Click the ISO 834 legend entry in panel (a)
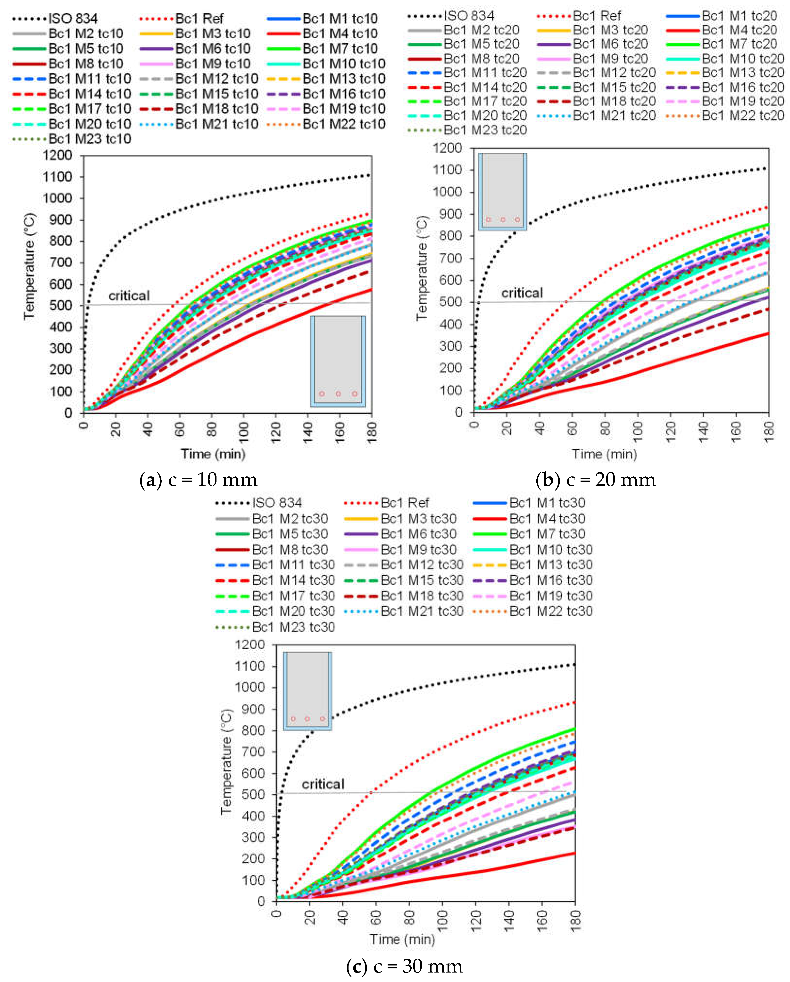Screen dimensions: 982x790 [x=73, y=19]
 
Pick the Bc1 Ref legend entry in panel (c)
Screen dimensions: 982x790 [x=404, y=503]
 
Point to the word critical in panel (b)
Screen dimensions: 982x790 [x=522, y=293]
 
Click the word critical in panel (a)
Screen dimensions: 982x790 [x=129, y=296]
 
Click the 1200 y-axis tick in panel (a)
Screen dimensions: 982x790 [x=57, y=155]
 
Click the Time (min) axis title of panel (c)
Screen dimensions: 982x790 [x=402, y=939]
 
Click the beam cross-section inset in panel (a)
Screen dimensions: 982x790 [x=338, y=361]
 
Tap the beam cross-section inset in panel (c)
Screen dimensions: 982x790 [x=307, y=691]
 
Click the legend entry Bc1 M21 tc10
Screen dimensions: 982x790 [x=217, y=124]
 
